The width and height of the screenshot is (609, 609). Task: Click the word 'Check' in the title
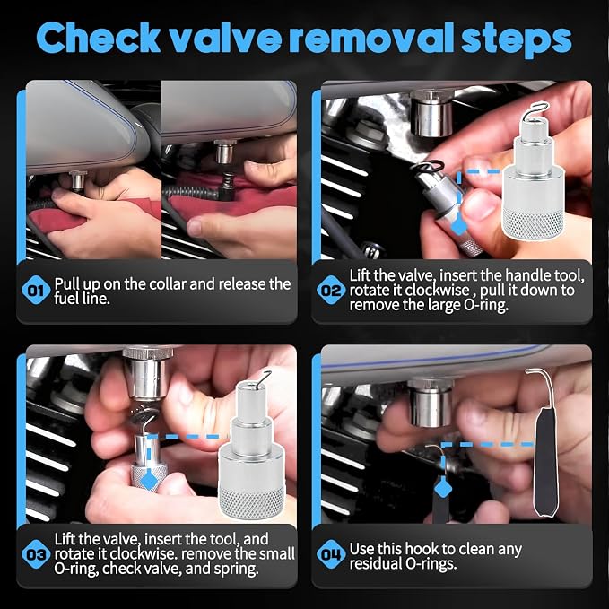(98, 38)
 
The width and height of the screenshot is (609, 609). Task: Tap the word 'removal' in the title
(371, 38)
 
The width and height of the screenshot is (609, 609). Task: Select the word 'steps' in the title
(517, 40)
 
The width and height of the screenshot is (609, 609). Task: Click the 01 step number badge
(36, 290)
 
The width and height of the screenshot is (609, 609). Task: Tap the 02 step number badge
(331, 290)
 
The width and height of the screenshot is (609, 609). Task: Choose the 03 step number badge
(36, 554)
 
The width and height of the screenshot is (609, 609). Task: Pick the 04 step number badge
(331, 554)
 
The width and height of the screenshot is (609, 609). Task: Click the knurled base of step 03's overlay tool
(252, 501)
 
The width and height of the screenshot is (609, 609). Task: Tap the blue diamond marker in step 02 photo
(459, 226)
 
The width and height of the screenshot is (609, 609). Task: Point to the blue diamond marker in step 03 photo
(149, 481)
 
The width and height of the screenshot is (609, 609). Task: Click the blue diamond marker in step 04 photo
(443, 488)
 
